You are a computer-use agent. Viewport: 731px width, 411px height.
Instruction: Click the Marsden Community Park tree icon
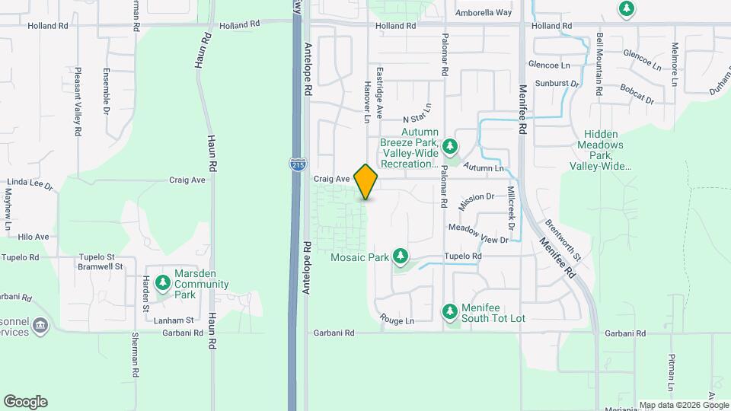(x=162, y=283)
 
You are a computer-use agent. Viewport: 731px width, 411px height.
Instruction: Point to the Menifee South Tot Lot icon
(x=450, y=311)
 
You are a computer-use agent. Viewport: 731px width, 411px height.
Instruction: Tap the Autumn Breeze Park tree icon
(x=450, y=145)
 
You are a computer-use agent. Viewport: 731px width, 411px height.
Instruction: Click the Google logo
(x=25, y=402)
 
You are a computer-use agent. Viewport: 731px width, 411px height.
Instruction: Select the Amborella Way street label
(x=484, y=13)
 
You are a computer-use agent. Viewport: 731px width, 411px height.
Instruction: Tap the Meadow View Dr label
(x=478, y=233)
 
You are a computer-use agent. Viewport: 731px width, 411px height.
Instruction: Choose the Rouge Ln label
(x=397, y=320)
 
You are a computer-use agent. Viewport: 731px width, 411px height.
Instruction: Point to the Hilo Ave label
(x=34, y=237)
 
